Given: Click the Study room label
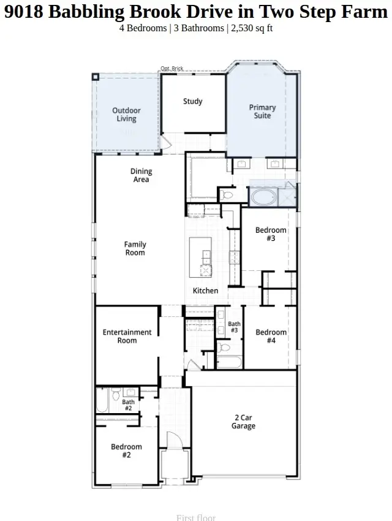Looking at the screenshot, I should coord(193,101).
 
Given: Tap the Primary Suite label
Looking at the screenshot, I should coord(262,112).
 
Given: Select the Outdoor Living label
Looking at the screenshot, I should coord(126,115).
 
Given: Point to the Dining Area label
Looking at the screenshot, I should coord(141,175).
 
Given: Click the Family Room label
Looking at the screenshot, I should coord(135,248).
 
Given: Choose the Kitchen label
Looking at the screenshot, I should coord(205,291).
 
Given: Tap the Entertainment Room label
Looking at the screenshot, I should coord(127,337).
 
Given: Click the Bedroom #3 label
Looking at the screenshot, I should coord(271,234).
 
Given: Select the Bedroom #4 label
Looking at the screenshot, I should coord(271,337).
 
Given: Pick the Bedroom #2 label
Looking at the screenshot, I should coord(126,451).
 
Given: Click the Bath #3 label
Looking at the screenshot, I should coord(234,327).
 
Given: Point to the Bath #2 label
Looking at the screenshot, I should coord(128,405).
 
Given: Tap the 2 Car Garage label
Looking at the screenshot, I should coord(243,422).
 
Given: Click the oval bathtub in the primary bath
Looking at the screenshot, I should coord(263,197).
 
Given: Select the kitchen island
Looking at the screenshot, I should coord(200,257).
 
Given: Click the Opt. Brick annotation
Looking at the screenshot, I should coord(172,69).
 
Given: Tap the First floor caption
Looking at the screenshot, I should coord(195,517).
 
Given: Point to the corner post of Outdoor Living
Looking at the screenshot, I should coord(96,77).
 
